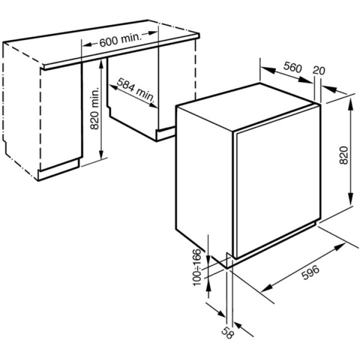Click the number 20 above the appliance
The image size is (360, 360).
click(x=317, y=70)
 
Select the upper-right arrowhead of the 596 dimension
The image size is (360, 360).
click(x=342, y=246)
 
